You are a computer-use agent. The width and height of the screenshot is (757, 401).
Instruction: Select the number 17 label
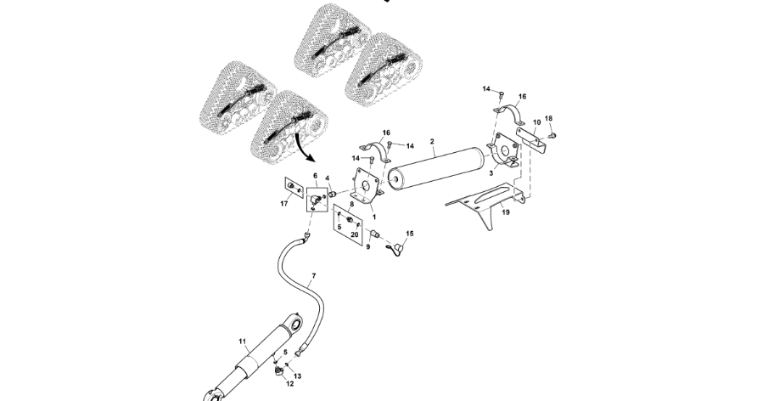pyautogui.click(x=284, y=203)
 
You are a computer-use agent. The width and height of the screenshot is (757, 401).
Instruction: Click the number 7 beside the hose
pyautogui.click(x=313, y=276)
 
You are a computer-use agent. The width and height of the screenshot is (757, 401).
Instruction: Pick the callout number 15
pyautogui.click(x=409, y=232)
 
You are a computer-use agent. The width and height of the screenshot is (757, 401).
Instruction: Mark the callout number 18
pyautogui.click(x=548, y=119)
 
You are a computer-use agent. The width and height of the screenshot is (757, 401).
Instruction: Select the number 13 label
pyautogui.click(x=298, y=375)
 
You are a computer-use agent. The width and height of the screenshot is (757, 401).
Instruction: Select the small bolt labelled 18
pyautogui.click(x=552, y=134)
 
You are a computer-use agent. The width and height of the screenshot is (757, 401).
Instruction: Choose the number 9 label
pyautogui.click(x=368, y=248)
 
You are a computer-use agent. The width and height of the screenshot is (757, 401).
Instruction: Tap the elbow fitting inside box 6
pyautogui.click(x=316, y=200)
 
